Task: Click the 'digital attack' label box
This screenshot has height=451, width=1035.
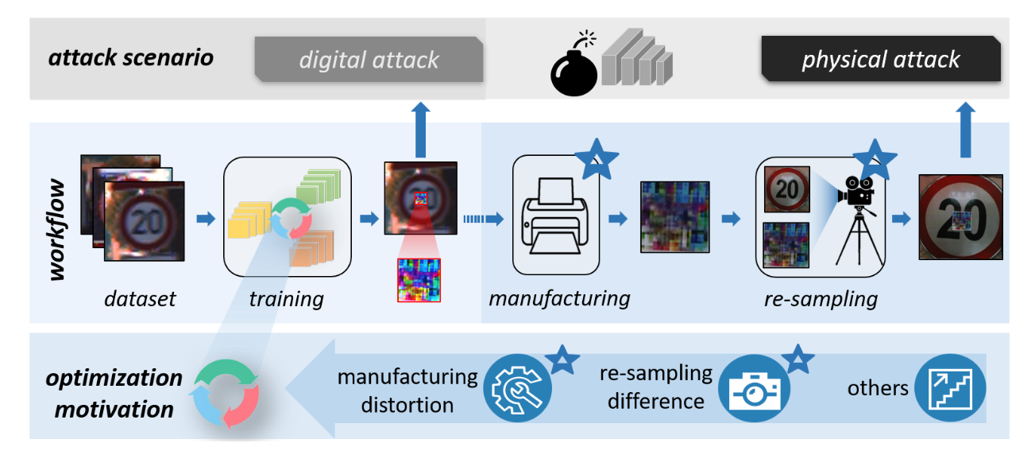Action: [369, 60]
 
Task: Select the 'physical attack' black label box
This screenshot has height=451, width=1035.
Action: [880, 59]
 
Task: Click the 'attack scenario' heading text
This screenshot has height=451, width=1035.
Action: [131, 58]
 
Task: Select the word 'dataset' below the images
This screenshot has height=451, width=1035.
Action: [139, 299]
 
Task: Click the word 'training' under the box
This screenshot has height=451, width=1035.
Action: [286, 299]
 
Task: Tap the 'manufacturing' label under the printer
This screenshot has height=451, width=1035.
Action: [559, 299]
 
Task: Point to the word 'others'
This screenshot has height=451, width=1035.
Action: [878, 388]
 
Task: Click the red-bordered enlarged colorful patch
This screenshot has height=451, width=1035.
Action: [419, 280]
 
